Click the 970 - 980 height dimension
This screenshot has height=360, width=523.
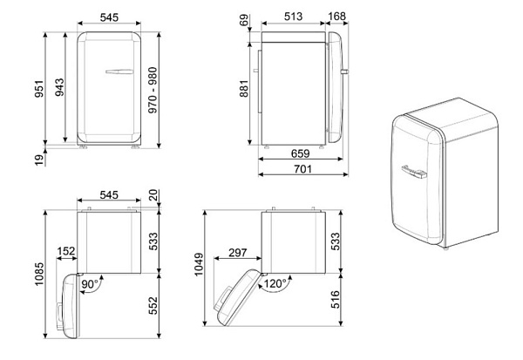(x=153, y=90)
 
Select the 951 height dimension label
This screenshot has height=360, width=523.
(x=39, y=89)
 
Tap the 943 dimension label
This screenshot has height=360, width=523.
(x=59, y=87)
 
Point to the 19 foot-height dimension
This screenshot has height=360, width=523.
(x=39, y=160)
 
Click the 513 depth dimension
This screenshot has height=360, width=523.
(x=293, y=17)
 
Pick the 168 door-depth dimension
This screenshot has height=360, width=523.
(x=336, y=17)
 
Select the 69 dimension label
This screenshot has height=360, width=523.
(x=244, y=20)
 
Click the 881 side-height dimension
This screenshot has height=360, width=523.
(x=244, y=88)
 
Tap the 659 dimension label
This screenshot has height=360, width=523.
(x=300, y=153)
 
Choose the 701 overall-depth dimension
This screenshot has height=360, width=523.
(x=302, y=169)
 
